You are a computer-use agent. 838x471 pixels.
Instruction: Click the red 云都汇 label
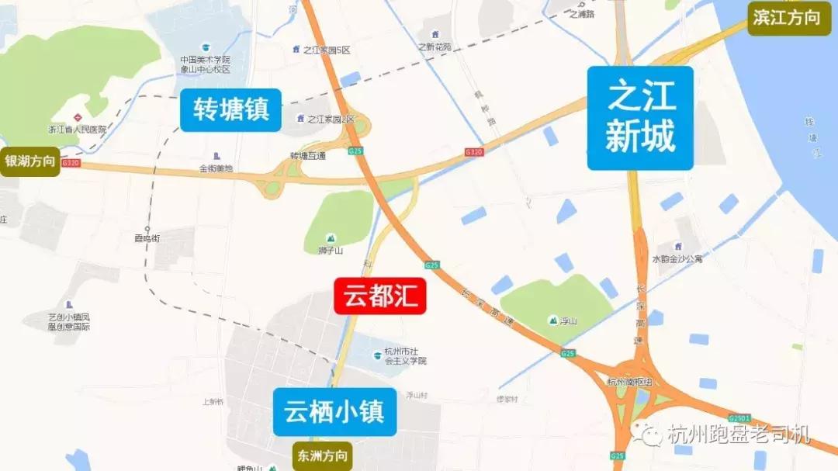click(380, 296)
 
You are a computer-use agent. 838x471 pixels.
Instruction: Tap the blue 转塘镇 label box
click(231, 109)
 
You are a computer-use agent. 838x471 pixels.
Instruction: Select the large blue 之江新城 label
click(640, 118)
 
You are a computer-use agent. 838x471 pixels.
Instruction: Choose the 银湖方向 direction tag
click(30, 161)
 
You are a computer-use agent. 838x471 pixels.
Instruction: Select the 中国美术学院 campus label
click(206, 64)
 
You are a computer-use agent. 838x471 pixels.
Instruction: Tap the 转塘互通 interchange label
click(308, 155)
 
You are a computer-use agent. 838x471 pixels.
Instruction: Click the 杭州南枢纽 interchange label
click(630, 381)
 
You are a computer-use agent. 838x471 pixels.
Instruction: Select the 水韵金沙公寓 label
click(677, 258)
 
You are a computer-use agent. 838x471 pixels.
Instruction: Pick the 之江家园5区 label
click(327, 50)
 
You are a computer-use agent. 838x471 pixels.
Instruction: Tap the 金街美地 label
click(216, 168)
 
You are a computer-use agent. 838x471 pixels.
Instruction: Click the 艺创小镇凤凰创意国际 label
click(69, 321)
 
